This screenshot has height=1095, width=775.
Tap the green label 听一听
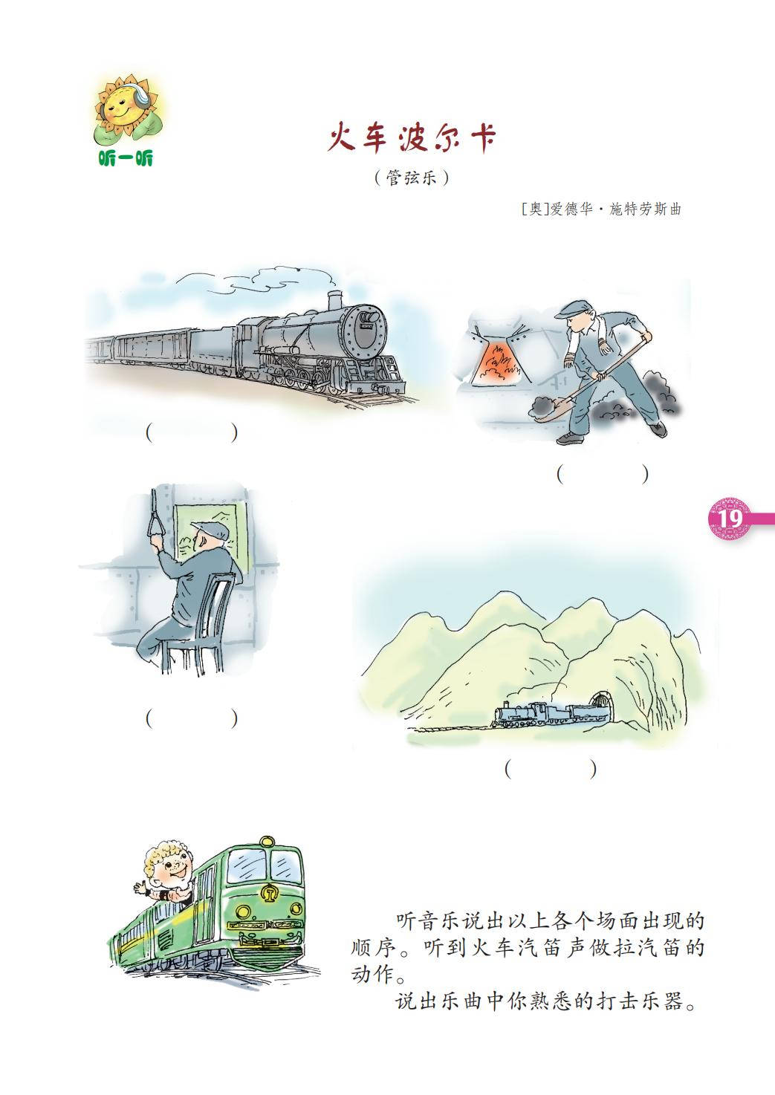click(x=126, y=158)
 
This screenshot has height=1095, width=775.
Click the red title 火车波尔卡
click(x=411, y=138)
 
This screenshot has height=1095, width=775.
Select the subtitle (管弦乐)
click(x=411, y=178)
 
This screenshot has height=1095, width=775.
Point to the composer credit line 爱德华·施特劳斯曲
click(x=615, y=209)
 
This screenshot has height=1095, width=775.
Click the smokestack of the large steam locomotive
click(x=335, y=299)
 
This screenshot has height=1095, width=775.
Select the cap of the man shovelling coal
click(x=578, y=309)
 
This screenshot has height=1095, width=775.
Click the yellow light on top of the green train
click(x=267, y=841)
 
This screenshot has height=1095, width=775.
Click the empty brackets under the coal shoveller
click(x=603, y=474)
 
